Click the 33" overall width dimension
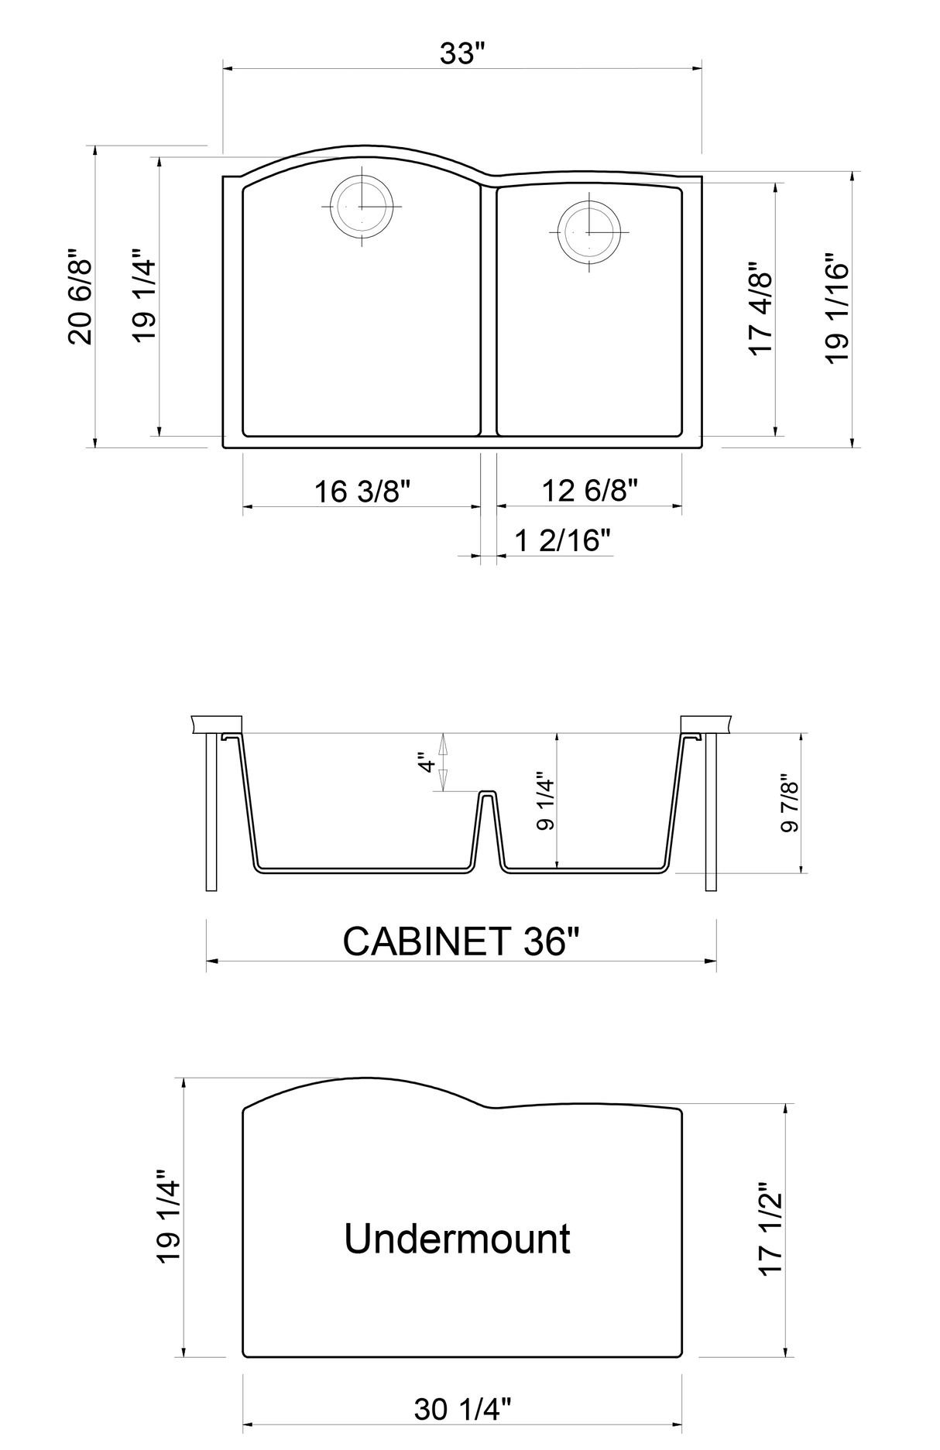click(x=462, y=54)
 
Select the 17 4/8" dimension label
click(x=761, y=308)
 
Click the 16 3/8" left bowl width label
click(x=362, y=491)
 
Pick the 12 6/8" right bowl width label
click(x=590, y=490)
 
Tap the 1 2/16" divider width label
click(x=564, y=540)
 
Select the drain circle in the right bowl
click(x=589, y=231)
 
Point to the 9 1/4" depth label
click(x=545, y=800)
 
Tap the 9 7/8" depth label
click(x=789, y=803)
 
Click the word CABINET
click(x=427, y=941)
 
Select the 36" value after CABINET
click(x=551, y=941)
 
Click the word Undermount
click(x=457, y=1239)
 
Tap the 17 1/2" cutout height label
click(x=772, y=1229)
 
